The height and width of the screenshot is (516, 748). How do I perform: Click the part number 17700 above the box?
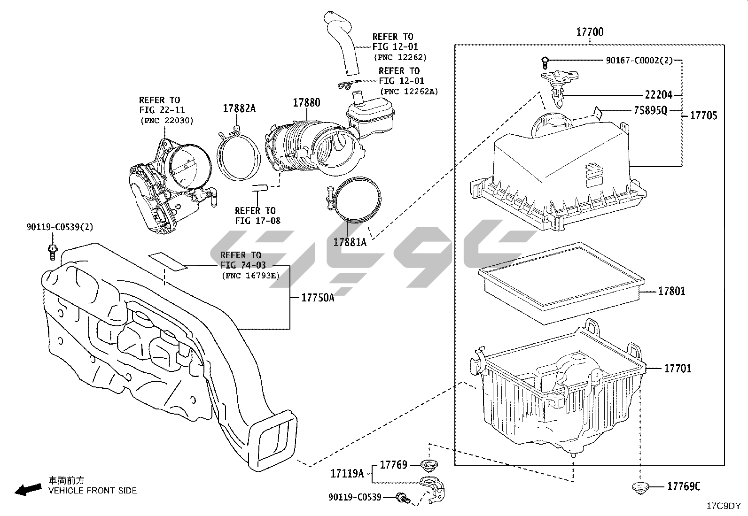590,32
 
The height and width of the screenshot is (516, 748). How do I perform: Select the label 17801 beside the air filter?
671,291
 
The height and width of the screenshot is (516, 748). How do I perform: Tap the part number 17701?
678,368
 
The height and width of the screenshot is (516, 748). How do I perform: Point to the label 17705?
703,115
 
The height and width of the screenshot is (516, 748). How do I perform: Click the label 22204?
658,95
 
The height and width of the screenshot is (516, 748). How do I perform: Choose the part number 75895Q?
650,110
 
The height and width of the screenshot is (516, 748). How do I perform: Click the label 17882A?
239,108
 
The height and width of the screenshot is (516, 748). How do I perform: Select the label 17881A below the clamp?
350,242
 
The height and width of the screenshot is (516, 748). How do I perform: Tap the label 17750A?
318,298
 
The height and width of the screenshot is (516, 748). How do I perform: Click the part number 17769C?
684,486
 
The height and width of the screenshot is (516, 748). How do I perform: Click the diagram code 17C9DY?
724,506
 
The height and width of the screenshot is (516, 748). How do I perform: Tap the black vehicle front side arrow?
27,490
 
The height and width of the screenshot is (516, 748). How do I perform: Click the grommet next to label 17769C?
640,487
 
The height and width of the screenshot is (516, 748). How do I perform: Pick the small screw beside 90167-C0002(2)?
545,60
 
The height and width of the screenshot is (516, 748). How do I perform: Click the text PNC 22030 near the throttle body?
167,121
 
